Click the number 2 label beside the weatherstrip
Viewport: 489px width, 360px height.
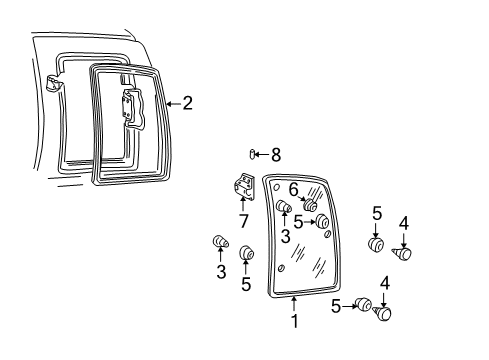tap(186, 102)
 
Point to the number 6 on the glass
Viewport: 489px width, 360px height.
tap(294, 188)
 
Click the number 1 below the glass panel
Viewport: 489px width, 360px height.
tap(294, 321)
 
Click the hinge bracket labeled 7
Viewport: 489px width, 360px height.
tap(243, 187)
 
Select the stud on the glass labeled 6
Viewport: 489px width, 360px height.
tap(309, 205)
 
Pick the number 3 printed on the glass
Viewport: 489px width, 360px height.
tap(285, 236)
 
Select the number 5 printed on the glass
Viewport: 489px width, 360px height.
tap(297, 222)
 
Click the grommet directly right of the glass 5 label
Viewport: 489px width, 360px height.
tap(323, 222)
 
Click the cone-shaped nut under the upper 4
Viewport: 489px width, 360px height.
tap(404, 254)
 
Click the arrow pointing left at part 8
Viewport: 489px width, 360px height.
tap(263, 153)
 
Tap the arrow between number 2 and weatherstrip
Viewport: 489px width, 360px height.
tap(172, 102)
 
